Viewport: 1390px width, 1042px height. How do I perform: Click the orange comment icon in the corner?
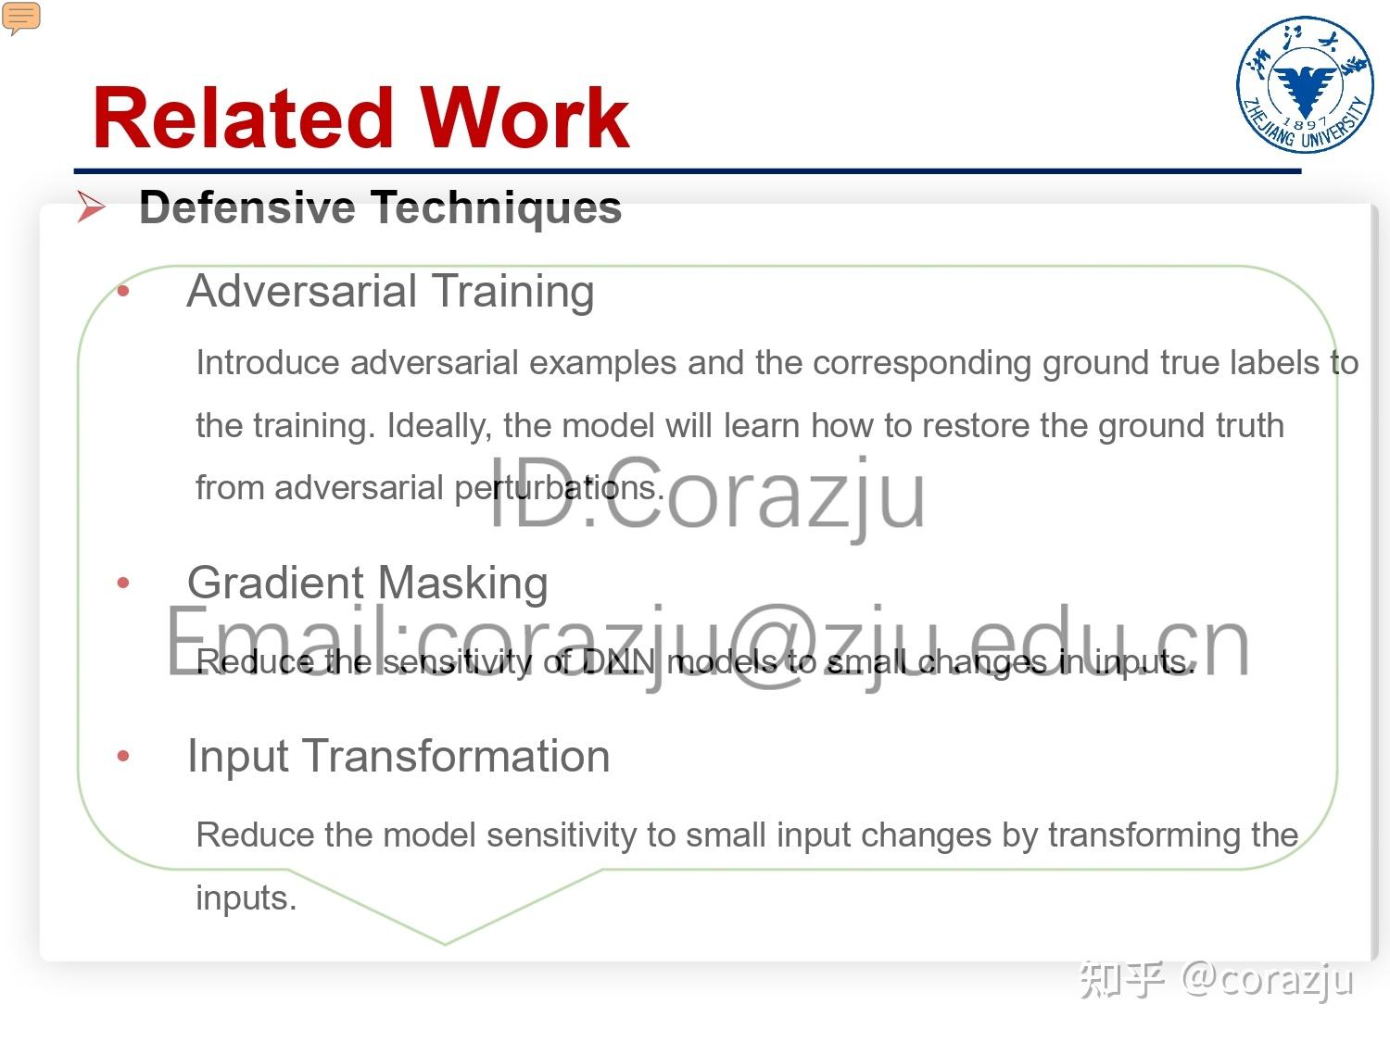pyautogui.click(x=21, y=18)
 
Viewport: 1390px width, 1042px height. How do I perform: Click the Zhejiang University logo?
pyautogui.click(x=1305, y=84)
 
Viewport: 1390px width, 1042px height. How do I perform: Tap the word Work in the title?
pyautogui.click(x=525, y=118)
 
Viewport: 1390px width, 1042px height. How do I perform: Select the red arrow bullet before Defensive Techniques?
pyautogui.click(x=91, y=207)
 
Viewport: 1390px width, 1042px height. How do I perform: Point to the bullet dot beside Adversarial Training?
pyautogui.click(x=124, y=293)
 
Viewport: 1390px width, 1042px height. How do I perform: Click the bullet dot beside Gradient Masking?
pyautogui.click(x=124, y=584)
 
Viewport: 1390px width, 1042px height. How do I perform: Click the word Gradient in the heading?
pyautogui.click(x=275, y=584)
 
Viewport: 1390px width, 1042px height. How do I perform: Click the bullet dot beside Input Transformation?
pyautogui.click(x=124, y=757)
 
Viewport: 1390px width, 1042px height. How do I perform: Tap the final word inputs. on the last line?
pyautogui.click(x=246, y=898)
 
